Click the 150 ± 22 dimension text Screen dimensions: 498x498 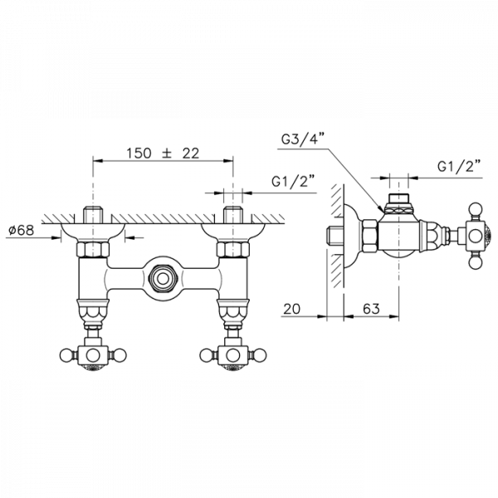pos(163,154)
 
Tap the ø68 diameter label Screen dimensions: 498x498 pos(22,230)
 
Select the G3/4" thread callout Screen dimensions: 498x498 pos(303,139)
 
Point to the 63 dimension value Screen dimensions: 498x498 pos(371,309)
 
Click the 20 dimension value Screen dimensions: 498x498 pos(291,309)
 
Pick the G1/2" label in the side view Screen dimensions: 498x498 pos(459,166)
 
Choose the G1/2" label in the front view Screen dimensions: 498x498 pos(294,182)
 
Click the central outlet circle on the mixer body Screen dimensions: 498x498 pos(163,279)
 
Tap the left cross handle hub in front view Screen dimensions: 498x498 pos(93,355)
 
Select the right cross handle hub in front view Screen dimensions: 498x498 pos(233,355)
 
